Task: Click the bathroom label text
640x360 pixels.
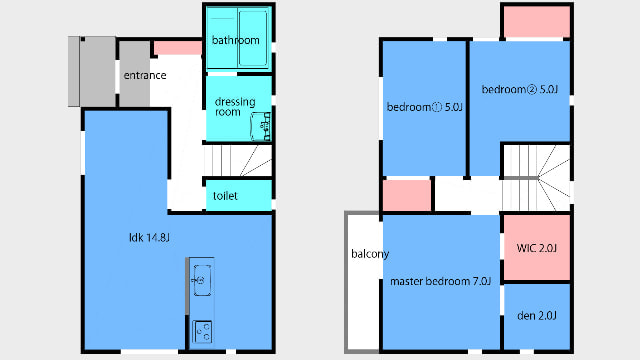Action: pyautogui.click(x=236, y=40)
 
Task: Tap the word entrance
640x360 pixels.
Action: pyautogui.click(x=145, y=76)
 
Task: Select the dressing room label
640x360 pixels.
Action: pyautogui.click(x=235, y=107)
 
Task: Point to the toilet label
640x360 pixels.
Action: pyautogui.click(x=225, y=196)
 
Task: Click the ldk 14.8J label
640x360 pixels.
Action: pyautogui.click(x=149, y=238)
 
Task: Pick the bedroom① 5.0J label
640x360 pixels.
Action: pyautogui.click(x=424, y=107)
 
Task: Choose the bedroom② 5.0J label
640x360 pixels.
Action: pyautogui.click(x=520, y=89)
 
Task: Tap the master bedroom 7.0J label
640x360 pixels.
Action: pyautogui.click(x=440, y=281)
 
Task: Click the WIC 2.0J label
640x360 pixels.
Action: pyautogui.click(x=536, y=248)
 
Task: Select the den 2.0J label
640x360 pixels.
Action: pyautogui.click(x=537, y=316)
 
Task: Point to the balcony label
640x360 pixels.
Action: pyautogui.click(x=370, y=254)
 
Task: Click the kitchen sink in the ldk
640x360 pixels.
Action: pyautogui.click(x=202, y=280)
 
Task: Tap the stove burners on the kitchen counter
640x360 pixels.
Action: pyautogui.click(x=202, y=331)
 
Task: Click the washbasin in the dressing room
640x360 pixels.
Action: pyautogui.click(x=260, y=127)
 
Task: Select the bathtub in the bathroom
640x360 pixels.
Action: pyautogui.click(x=253, y=38)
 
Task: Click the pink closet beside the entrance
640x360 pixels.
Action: pyautogui.click(x=178, y=48)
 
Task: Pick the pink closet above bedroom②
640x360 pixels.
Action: pyautogui.click(x=536, y=22)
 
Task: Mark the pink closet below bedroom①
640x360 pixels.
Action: pyautogui.click(x=407, y=196)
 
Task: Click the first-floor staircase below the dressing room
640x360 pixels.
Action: pyautogui.click(x=238, y=160)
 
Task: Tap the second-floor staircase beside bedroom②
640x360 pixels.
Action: pyautogui.click(x=536, y=178)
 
